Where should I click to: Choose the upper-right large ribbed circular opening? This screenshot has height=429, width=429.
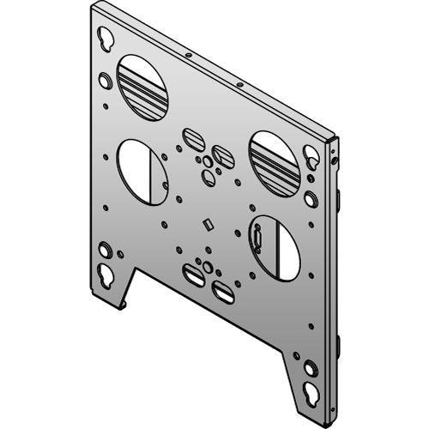coord(275,160)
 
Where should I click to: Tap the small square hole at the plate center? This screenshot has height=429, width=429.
coord(206,226)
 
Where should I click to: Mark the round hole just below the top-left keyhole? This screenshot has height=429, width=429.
coord(105,80)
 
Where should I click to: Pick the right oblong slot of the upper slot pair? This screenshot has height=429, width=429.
coord(222,155)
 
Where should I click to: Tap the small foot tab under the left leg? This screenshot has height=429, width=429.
coord(127,303)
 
